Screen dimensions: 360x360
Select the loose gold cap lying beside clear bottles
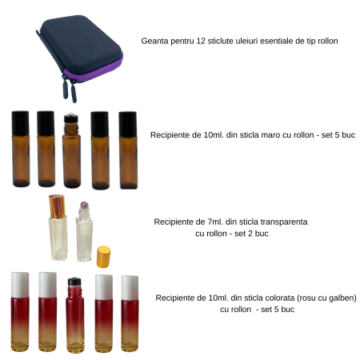pyautogui.click(x=103, y=256)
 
